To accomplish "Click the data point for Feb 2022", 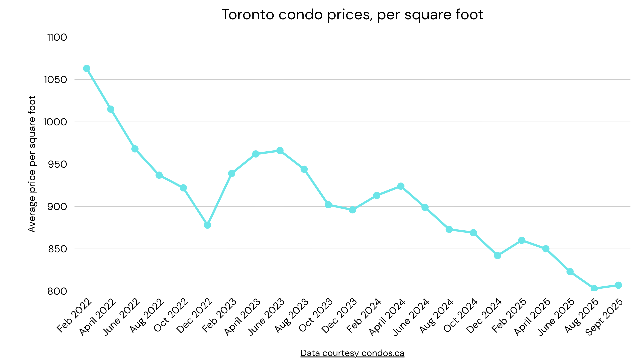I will click(87, 69).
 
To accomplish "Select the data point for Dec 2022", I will click(207, 225).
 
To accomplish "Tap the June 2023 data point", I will click(280, 151).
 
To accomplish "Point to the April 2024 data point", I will click(401, 186).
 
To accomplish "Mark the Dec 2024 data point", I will click(497, 256).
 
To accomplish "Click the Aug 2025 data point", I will click(594, 289).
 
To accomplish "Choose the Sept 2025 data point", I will click(618, 285).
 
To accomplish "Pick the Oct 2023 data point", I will click(328, 205).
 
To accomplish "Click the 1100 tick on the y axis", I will click(57, 37).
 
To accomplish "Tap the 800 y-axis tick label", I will click(57, 291).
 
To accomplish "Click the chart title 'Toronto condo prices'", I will click(352, 15).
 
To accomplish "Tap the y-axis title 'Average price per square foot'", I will click(32, 164).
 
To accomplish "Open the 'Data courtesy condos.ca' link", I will click(352, 353).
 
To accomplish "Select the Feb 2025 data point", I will click(522, 240).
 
